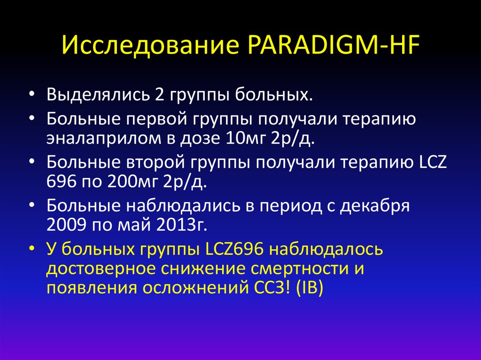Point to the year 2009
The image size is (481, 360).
64,225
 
